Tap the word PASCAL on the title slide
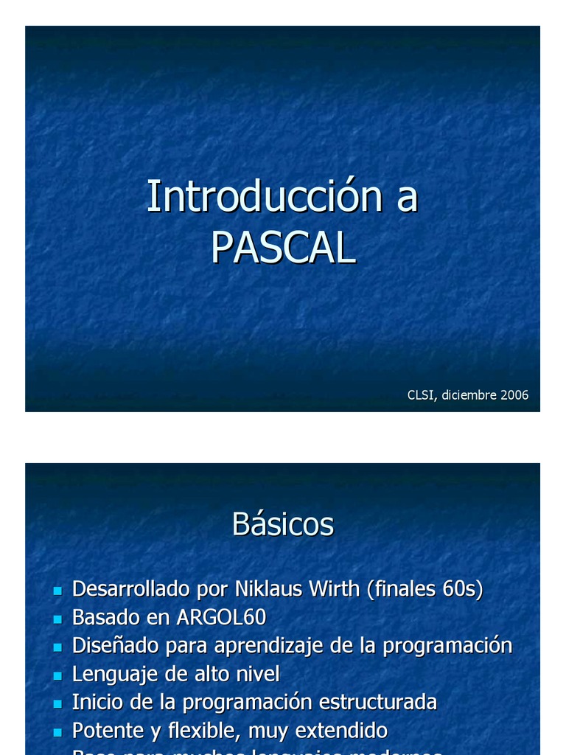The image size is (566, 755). [283, 248]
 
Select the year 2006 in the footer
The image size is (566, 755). [514, 395]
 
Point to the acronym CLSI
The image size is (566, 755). [422, 395]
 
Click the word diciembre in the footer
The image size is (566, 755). [469, 395]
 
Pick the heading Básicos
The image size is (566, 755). [283, 524]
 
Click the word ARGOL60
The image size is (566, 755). [221, 617]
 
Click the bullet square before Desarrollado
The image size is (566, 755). [57, 591]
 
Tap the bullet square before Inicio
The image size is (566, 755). [57, 703]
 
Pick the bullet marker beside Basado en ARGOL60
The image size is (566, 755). [57, 619]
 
